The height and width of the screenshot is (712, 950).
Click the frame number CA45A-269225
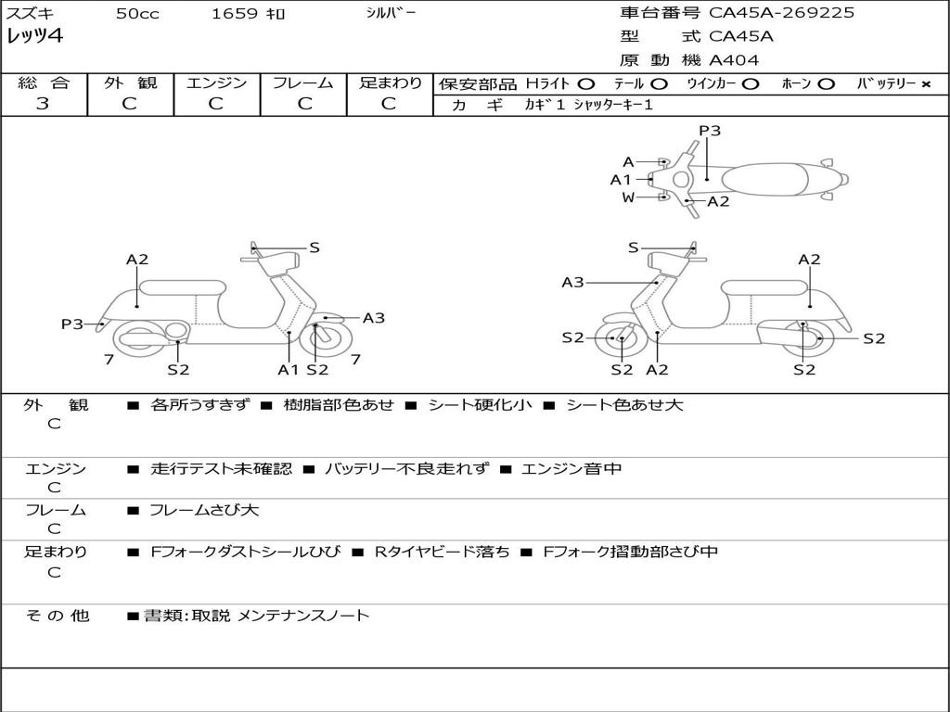(x=782, y=13)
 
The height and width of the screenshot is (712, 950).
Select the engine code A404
(x=734, y=60)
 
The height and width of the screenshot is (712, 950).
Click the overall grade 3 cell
(x=43, y=104)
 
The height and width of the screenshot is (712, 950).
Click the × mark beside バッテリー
(x=925, y=84)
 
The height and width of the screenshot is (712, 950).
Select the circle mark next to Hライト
(x=585, y=84)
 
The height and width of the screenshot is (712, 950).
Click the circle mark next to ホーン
(x=826, y=84)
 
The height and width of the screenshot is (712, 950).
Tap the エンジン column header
(x=216, y=83)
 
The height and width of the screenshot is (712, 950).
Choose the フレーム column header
(x=302, y=83)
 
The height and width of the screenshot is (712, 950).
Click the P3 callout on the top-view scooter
(x=710, y=131)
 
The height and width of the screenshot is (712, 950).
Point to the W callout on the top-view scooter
(x=628, y=197)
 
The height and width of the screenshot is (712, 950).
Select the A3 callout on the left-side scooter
(x=374, y=318)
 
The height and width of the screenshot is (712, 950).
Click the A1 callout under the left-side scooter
(x=289, y=369)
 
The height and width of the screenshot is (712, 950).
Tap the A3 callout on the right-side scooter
(x=572, y=283)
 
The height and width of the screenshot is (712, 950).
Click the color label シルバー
(x=391, y=13)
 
